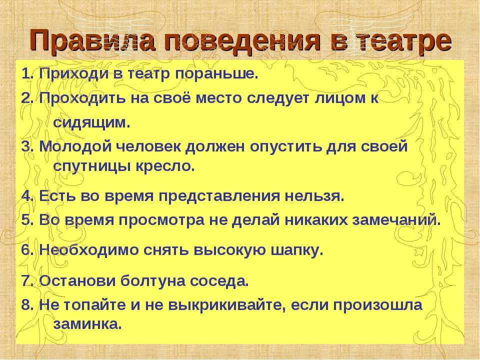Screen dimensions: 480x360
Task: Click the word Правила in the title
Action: click(x=92, y=40)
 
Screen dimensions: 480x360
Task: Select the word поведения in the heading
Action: click(x=242, y=42)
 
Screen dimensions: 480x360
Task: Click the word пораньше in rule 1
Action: click(x=215, y=74)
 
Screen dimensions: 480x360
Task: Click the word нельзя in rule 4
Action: click(x=314, y=196)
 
